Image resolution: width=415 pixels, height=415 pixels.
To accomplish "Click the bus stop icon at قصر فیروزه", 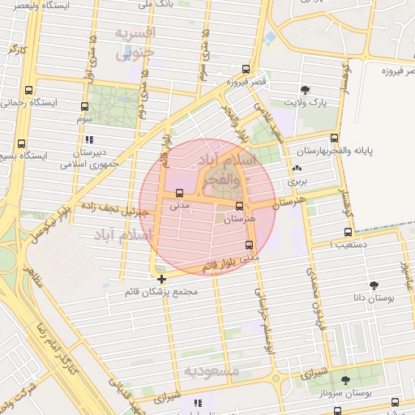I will point(246,70).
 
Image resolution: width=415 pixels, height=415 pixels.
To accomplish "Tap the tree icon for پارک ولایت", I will point(305,90).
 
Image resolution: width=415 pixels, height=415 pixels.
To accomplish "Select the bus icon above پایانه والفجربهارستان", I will point(335,137).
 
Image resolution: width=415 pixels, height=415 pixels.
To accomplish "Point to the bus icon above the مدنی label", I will point(179,193).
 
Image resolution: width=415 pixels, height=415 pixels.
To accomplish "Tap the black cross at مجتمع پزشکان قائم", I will point(162,280).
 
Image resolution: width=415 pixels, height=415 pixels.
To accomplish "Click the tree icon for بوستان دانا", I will point(374,285).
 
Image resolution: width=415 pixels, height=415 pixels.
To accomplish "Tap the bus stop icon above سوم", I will point(85,106).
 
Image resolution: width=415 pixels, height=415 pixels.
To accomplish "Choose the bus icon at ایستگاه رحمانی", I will point(30,91).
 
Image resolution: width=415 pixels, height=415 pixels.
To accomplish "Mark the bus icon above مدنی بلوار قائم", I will point(248,245).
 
